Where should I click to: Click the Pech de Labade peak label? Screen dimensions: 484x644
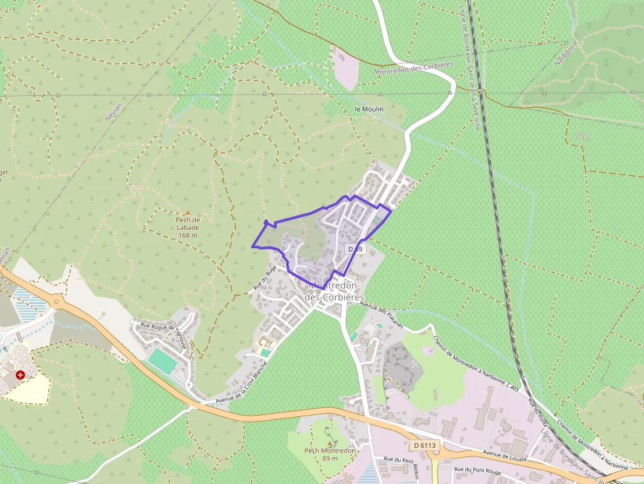coord(188,227)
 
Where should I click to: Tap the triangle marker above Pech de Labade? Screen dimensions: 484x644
coord(188,211)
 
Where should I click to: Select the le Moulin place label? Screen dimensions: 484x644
coord(369,109)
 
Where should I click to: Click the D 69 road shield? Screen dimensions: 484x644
coord(355,250)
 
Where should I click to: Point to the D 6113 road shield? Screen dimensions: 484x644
coord(425,445)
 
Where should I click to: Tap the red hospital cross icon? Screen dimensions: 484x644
coord(20,375)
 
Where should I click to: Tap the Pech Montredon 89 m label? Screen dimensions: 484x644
coord(330,454)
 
